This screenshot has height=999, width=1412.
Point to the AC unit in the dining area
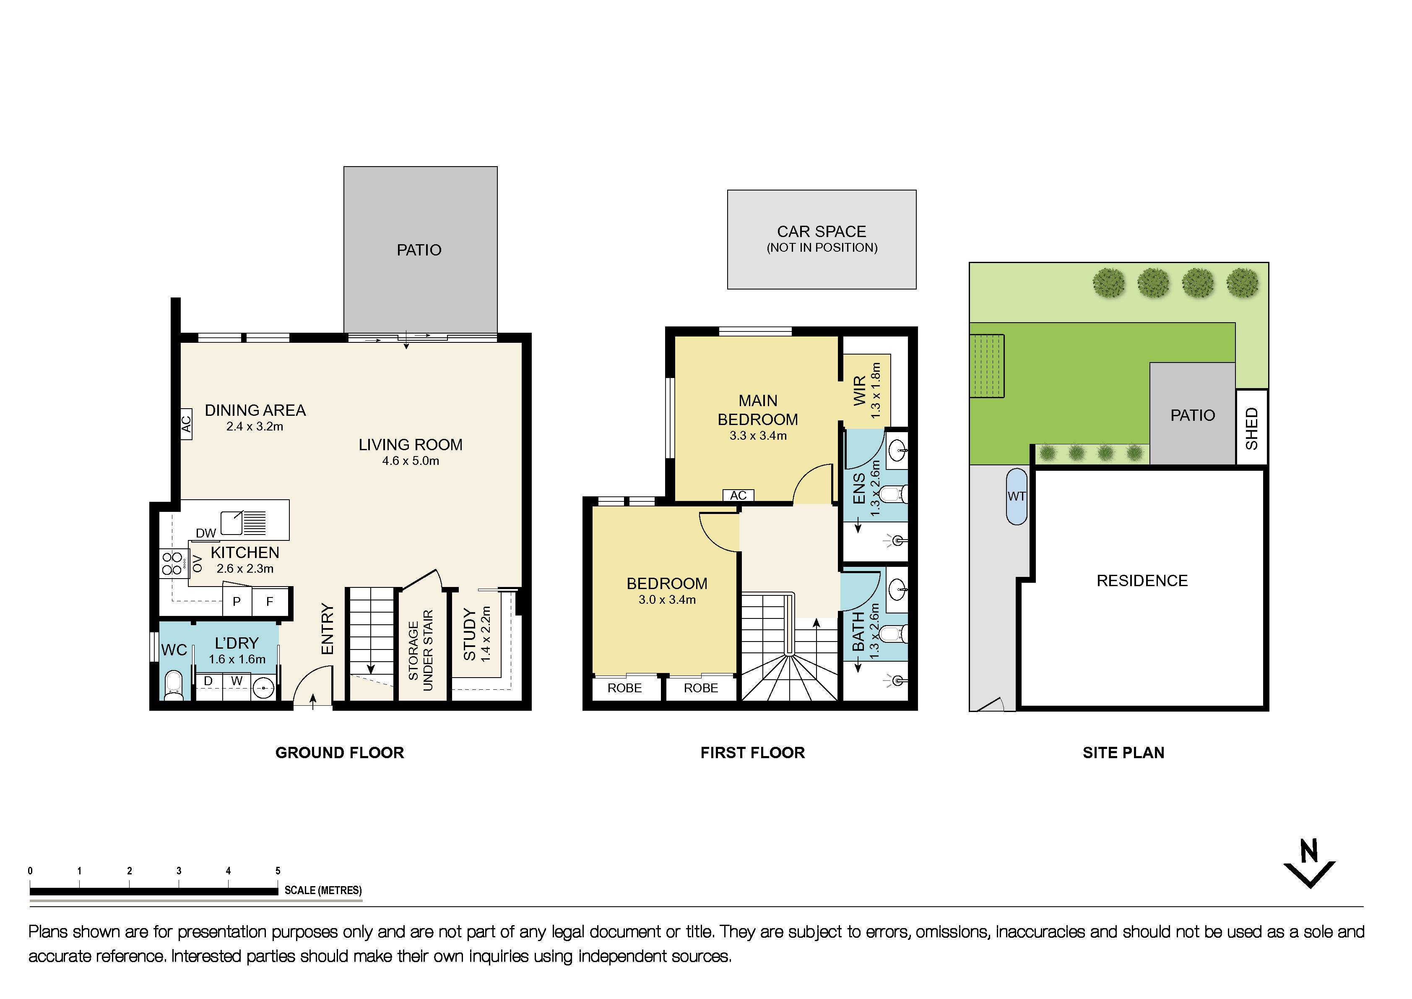coord(186,424)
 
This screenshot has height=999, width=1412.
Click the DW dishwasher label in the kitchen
coord(205,533)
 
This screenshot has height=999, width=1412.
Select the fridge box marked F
coord(269,602)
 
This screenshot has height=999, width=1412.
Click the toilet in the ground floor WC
coord(174,685)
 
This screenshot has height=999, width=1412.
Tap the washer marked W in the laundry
coord(237,681)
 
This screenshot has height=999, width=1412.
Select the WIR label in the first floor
coord(860,391)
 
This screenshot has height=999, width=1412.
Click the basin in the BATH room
coord(897,589)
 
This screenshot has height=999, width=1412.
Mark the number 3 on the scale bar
coord(179,871)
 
